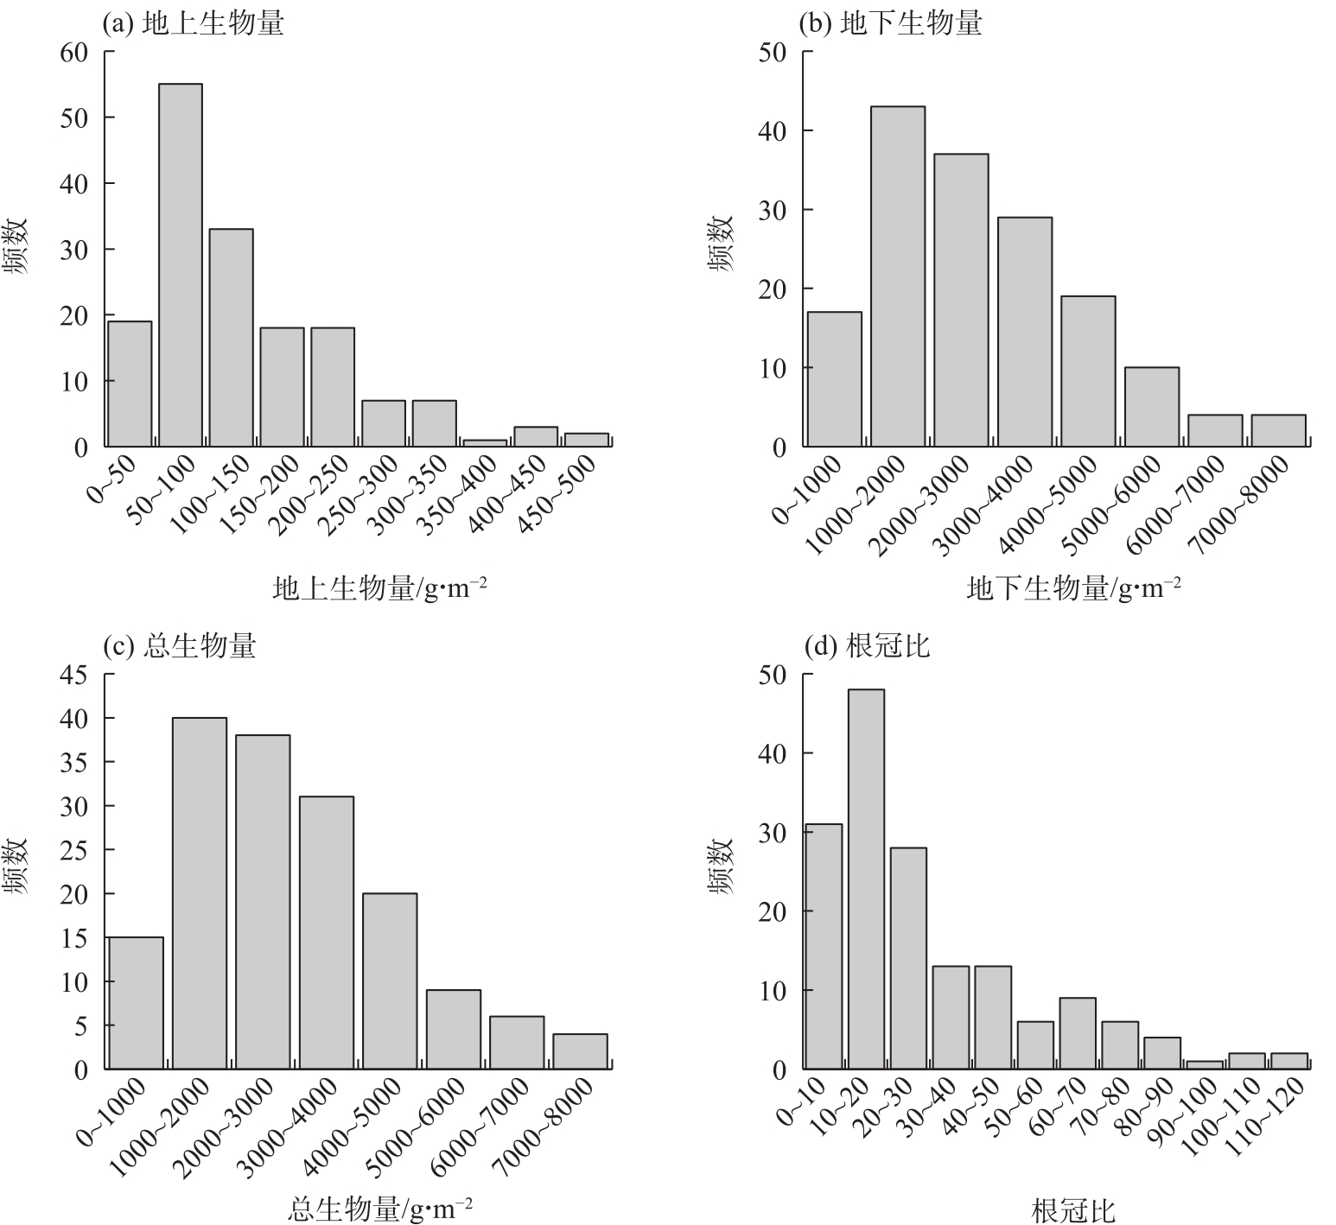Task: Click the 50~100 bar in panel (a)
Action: pyautogui.click(x=181, y=265)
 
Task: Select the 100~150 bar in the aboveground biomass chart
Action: pyautogui.click(x=231, y=338)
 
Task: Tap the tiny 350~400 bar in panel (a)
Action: pyautogui.click(x=485, y=443)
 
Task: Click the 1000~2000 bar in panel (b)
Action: pyautogui.click(x=897, y=276)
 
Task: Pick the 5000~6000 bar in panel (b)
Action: pyautogui.click(x=1151, y=407)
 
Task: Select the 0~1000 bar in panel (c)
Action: pyautogui.click(x=136, y=1003)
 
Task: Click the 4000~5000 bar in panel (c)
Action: pyautogui.click(x=390, y=981)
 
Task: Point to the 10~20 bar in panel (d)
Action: pyautogui.click(x=866, y=879)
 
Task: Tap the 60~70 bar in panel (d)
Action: pyautogui.click(x=1078, y=1033)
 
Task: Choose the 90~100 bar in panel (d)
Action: pyautogui.click(x=1205, y=1065)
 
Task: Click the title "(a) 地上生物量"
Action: pyautogui.click(x=193, y=23)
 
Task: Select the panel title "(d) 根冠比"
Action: pyautogui.click(x=866, y=646)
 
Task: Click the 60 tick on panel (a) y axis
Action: pyautogui.click(x=74, y=52)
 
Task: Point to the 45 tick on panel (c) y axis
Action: pyautogui.click(x=74, y=675)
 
